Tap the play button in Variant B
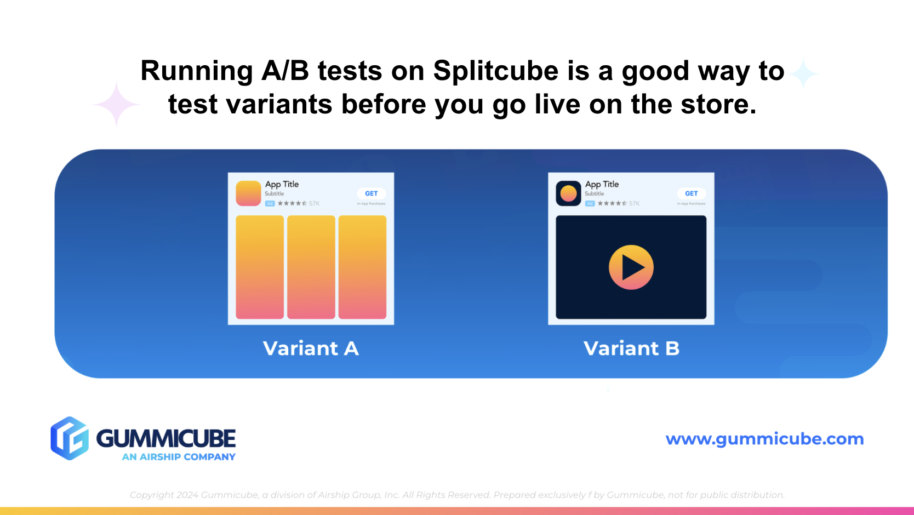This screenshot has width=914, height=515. pos(631,267)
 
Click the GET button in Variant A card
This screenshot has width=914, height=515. pos(371,193)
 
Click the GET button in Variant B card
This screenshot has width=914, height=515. pos(691,193)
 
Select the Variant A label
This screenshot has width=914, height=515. pos(311,348)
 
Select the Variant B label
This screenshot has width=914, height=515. pos(631,348)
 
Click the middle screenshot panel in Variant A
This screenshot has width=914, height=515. pos(311,267)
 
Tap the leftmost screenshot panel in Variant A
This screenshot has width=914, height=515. pos(260,267)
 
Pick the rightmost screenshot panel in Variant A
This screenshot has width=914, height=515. pos(362,267)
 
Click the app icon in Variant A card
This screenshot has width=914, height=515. pos(248,193)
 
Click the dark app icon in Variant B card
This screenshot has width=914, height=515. pos(568,193)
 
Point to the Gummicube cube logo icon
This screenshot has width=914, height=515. pos(70,438)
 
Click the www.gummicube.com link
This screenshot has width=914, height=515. pos(764,439)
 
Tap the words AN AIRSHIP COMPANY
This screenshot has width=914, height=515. pos(179,457)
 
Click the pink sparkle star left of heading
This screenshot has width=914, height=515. pos(116,104)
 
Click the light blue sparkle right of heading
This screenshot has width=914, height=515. pos(804,74)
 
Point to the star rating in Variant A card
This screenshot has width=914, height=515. pos(292,203)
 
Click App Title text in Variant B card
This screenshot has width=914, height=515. pos(602,184)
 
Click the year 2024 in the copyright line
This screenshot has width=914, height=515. pos(187,495)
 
